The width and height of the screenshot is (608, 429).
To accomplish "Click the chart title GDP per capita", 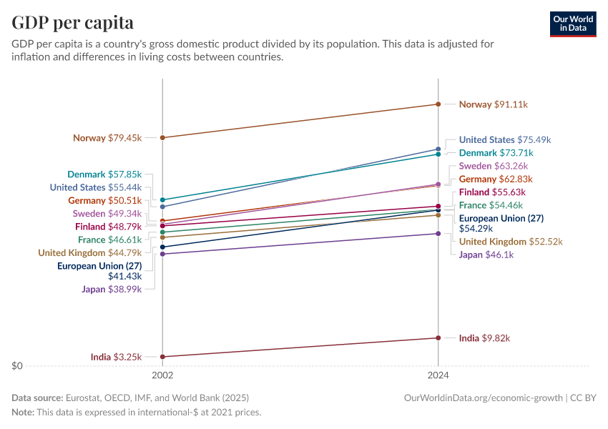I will pyautogui.click(x=72, y=22).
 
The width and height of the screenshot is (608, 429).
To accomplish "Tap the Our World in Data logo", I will pyautogui.click(x=573, y=24).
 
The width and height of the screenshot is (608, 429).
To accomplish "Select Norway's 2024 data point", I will pyautogui.click(x=438, y=104).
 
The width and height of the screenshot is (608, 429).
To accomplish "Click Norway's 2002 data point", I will pyautogui.click(x=163, y=137).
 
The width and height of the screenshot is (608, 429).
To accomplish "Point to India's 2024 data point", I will pyautogui.click(x=438, y=338).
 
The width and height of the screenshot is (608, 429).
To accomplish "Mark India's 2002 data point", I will pyautogui.click(x=163, y=357).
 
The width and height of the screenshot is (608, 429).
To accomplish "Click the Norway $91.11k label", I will pyautogui.click(x=493, y=104).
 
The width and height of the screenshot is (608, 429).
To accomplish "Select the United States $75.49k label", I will pyautogui.click(x=505, y=140).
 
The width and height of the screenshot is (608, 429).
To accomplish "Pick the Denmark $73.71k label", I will pyautogui.click(x=496, y=153).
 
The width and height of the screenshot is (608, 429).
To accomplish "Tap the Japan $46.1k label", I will pyautogui.click(x=486, y=255).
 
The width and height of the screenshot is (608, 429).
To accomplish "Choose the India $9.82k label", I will pyautogui.click(x=484, y=338).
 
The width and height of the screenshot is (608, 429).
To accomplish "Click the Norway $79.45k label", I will pyautogui.click(x=107, y=138).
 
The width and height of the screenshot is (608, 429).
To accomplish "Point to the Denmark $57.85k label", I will pyautogui.click(x=104, y=174).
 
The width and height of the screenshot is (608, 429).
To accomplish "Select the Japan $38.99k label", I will pyautogui.click(x=112, y=289).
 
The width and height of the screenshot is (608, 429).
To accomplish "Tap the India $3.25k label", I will pyautogui.click(x=116, y=357).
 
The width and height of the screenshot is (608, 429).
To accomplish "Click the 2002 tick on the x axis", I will pyautogui.click(x=163, y=375).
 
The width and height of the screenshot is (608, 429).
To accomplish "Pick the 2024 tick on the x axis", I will pyautogui.click(x=438, y=375).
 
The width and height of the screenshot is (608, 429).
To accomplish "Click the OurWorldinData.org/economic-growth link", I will pyautogui.click(x=484, y=398).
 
